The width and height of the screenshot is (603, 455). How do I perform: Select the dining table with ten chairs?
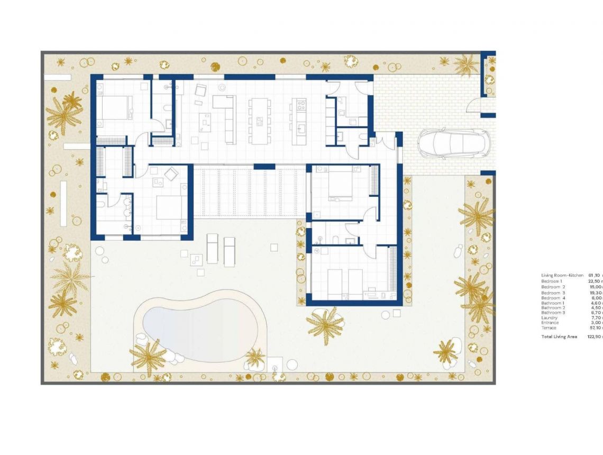[x=259, y=121]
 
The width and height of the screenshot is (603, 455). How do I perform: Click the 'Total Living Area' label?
[x=559, y=336]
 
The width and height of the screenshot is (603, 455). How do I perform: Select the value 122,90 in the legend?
[x=595, y=336]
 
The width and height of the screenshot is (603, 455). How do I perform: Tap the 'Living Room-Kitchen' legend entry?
[x=562, y=276]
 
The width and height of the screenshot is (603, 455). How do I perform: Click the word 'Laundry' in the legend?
[x=549, y=317]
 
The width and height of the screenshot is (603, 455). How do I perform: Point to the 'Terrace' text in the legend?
[x=549, y=327]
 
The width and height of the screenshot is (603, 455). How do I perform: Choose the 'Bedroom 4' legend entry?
[x=553, y=298]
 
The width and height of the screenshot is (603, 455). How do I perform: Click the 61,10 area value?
[x=594, y=276]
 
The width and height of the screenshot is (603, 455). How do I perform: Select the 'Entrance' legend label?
[x=550, y=323]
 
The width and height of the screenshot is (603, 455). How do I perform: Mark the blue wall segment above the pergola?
[x=264, y=167]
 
